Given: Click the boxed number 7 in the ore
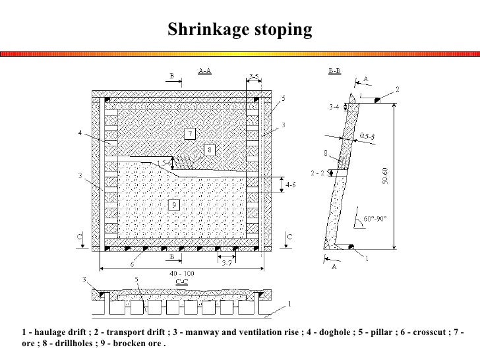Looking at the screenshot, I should coord(189,134).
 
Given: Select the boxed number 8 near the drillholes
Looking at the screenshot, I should coord(209,150).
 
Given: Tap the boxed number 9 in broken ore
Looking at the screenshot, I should coord(173,204).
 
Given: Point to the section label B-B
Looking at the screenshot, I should coord(334,71).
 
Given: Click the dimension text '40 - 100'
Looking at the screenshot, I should coord(179,273).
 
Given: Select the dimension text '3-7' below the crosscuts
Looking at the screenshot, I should coord(227,263).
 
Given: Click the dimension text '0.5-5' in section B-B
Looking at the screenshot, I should coord(367,137).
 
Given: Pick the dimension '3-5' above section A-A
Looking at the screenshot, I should coord(255,77).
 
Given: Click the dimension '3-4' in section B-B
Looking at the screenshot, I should coord(335,105).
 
